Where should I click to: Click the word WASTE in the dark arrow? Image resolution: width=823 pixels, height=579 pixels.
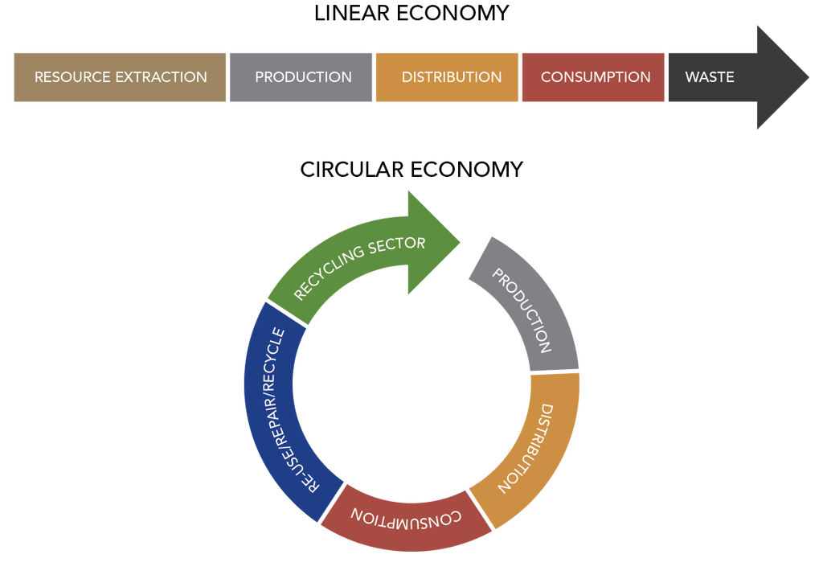pos(710,77)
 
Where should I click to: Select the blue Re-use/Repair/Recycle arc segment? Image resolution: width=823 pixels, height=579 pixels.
pos(277,410)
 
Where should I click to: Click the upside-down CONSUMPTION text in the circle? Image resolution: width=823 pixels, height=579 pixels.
pos(406,518)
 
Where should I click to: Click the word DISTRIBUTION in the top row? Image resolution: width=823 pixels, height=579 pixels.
pos(452,77)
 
